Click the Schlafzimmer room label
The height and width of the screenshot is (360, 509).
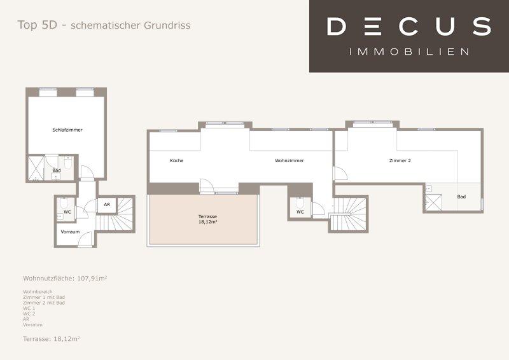point(67,130)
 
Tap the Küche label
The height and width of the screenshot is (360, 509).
point(177,160)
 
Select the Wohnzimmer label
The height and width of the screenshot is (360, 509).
point(289,160)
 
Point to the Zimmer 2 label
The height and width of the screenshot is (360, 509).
point(400,160)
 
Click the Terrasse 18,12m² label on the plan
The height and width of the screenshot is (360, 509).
point(207,219)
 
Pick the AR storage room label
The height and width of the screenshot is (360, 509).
point(107,205)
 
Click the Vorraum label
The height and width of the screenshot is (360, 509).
point(70,232)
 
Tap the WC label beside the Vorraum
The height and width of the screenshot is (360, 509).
point(67,212)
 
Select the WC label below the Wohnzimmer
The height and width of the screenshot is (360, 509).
point(300,212)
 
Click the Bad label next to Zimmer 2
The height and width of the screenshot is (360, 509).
point(461,197)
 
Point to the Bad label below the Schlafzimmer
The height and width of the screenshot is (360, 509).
point(57,170)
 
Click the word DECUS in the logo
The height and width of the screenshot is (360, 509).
point(409,26)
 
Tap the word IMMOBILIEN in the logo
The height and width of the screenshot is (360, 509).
point(409,52)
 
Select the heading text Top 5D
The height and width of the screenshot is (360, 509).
point(38,25)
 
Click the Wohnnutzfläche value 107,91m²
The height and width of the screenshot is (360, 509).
point(92,278)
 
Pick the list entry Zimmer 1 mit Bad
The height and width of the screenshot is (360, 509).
point(44,297)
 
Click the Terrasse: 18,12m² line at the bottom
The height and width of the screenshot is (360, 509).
point(52,339)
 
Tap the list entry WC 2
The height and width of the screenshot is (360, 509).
point(29,314)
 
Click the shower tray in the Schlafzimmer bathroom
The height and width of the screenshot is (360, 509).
point(36,168)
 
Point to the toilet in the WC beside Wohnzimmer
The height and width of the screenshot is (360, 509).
point(300,202)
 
